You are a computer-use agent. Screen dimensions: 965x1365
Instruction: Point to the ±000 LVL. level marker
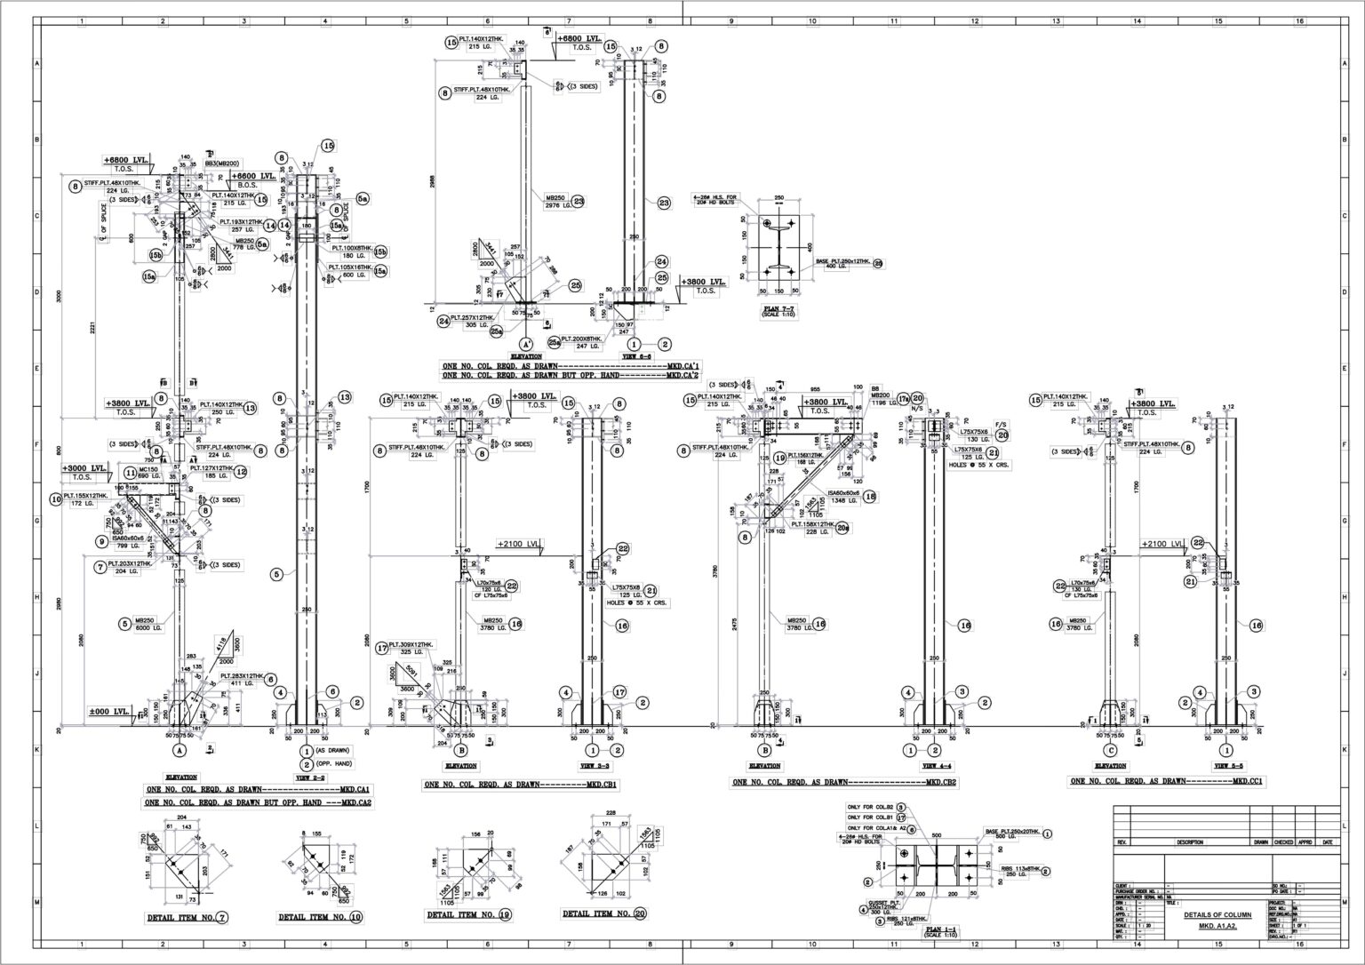pos(108,712)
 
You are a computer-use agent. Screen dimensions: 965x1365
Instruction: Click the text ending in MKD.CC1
pos(1166,781)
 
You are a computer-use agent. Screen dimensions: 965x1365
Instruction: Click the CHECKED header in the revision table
pos(1283,842)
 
